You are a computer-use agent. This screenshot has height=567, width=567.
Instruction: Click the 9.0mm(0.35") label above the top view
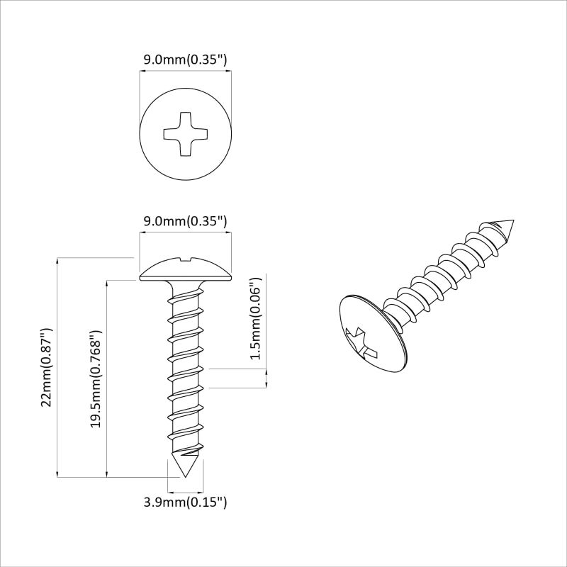(x=185, y=60)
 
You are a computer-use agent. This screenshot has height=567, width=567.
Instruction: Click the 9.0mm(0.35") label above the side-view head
(x=185, y=221)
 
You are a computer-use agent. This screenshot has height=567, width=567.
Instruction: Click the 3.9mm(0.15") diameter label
(x=185, y=503)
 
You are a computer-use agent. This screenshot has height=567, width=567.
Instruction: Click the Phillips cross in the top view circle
(x=185, y=133)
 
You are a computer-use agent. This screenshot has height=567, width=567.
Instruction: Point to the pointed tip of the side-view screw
(x=185, y=471)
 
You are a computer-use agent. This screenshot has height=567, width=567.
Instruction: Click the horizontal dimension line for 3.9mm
(x=185, y=490)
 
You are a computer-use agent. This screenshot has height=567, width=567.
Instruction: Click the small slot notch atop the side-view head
(x=185, y=259)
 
